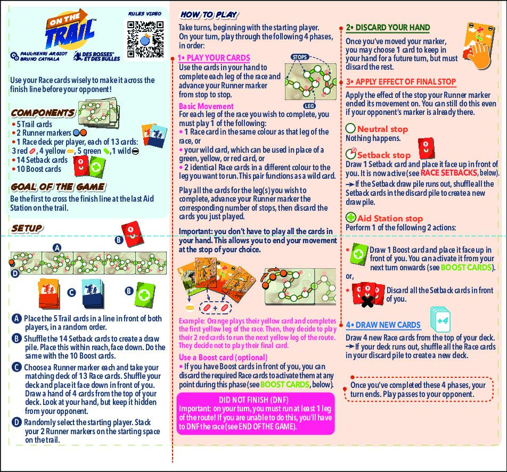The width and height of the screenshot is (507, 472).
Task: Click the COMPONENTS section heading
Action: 43,113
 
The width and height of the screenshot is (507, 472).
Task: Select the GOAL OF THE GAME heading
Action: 58,187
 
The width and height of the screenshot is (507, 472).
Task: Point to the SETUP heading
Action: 27,228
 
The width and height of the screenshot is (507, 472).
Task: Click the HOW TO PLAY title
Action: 209,15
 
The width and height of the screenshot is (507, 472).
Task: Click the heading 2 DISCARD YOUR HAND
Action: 388,28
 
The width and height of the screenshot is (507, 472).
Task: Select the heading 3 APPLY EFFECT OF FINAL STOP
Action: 400,81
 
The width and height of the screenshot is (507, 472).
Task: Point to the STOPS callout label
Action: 300,57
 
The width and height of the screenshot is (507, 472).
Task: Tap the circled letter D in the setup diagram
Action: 15,273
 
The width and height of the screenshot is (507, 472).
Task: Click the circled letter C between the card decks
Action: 71,292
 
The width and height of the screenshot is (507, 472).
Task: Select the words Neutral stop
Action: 382,129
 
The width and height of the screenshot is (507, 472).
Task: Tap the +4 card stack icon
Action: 441,321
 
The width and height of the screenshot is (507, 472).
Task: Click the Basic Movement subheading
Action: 206,106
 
